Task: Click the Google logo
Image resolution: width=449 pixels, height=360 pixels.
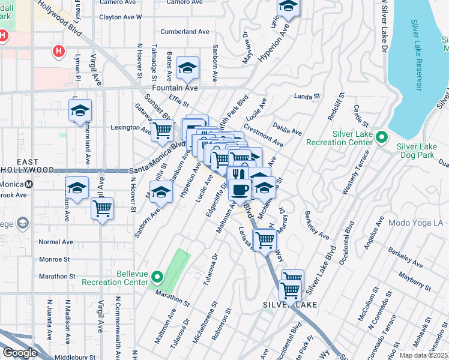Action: [20, 353]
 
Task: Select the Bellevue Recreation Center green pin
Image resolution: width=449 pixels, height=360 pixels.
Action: [157, 277]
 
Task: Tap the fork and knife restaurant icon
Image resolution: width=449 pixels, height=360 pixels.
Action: [239, 174]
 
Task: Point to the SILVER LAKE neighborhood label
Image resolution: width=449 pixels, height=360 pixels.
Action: [290, 305]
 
